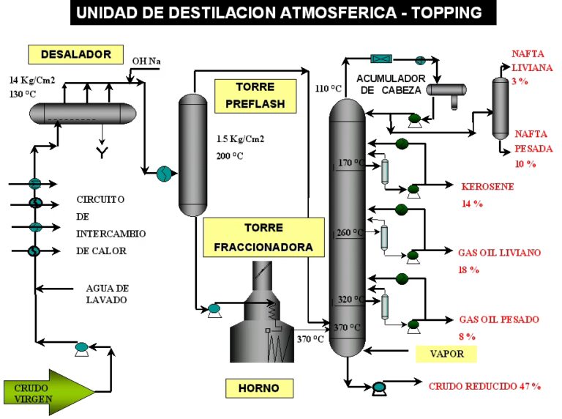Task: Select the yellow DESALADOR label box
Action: [75, 54]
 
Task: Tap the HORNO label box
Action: [252, 387]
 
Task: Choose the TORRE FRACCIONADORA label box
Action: [263, 237]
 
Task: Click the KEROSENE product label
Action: [487, 186]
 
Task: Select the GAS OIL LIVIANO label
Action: [499, 253]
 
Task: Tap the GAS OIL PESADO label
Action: [498, 319]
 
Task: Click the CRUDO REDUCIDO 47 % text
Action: [484, 385]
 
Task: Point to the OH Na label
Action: [146, 61]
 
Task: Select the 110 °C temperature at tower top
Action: [328, 89]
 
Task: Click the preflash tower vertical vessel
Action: [194, 155]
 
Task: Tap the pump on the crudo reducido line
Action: [379, 388]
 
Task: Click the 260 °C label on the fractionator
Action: [349, 233]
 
